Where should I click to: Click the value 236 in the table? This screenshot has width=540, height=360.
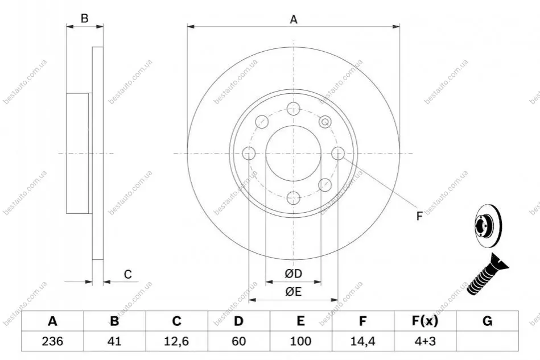coord(52,341)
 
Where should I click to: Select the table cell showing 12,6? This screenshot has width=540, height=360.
coord(176,341)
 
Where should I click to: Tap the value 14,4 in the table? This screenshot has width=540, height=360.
coord(362,341)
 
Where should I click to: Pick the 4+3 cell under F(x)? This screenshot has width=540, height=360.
coord(425,341)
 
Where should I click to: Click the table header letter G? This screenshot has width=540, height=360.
coord(487,321)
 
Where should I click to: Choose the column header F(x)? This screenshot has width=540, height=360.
coord(425,321)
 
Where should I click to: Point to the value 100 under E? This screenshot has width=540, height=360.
coord(300,341)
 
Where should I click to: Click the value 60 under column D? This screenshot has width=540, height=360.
coord(238,341)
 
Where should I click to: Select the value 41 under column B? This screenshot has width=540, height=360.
coord(114,341)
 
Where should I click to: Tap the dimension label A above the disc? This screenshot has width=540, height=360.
coord(294,19)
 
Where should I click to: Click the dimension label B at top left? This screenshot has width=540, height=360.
coord(84,18)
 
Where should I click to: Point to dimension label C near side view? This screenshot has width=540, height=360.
coord(128,274)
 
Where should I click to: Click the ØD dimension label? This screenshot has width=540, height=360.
coord(294,274)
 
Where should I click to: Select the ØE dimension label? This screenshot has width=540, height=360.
coord(294,292)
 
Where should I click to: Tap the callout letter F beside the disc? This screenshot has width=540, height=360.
coord(419,216)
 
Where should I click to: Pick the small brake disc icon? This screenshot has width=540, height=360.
coord(488,226)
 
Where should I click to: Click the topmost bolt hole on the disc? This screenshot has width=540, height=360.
coord(293,109)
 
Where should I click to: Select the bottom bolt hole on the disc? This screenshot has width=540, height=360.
coord(293,198)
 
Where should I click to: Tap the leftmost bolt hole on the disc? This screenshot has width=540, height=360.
coord(249,153)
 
